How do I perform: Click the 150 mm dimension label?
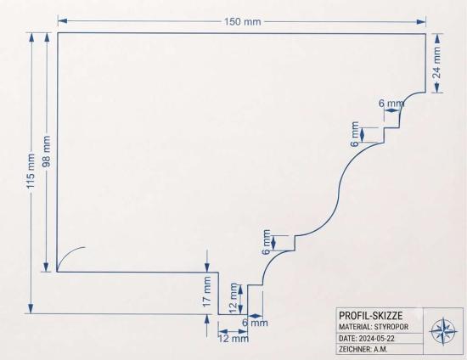point(243,22)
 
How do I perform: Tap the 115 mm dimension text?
point(31,171)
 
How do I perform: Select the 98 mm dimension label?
point(46,151)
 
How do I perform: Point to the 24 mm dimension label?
point(436,62)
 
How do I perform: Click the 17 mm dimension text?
point(206,291)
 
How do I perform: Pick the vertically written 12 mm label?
point(233,298)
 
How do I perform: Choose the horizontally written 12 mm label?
point(233,339)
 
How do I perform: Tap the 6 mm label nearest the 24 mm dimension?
point(391,104)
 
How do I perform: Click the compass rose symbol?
point(444,331)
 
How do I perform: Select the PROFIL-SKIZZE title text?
point(371,316)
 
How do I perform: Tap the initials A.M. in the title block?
point(380,349)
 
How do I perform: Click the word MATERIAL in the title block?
point(355,327)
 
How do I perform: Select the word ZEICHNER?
point(355,349)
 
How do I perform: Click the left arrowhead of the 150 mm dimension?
point(62,21)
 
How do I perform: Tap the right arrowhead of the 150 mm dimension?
point(421,22)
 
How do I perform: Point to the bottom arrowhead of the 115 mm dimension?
point(31,308)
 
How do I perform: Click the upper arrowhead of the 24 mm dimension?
point(437,38)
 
